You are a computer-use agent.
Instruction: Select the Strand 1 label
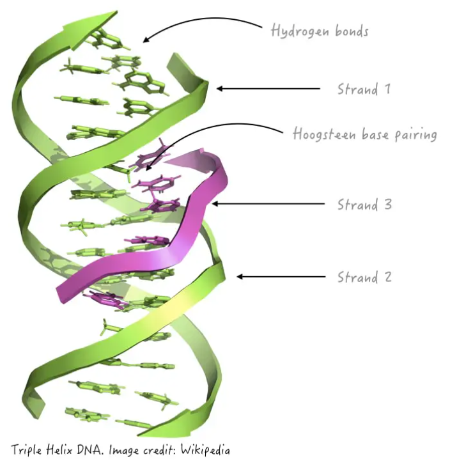(364, 89)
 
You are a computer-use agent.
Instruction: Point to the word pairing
(415, 136)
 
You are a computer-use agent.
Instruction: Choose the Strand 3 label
(364, 205)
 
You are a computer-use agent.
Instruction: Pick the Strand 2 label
(364, 277)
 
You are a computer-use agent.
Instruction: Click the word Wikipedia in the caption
(205, 450)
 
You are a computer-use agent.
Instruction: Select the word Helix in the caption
(60, 450)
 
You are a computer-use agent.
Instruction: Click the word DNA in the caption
(90, 450)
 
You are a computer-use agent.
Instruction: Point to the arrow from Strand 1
(268, 89)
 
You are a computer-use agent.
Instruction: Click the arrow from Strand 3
(268, 205)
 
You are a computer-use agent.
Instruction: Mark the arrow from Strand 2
(281, 277)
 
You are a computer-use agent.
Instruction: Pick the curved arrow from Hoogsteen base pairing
(211, 131)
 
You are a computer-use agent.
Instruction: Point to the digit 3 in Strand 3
(387, 205)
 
